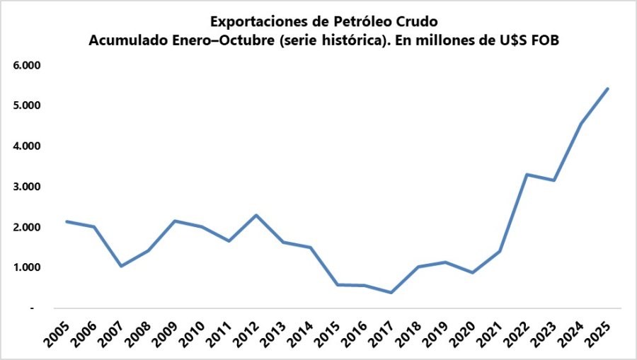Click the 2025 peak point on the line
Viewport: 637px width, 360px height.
click(x=607, y=89)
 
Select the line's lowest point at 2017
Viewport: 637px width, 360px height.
click(x=391, y=293)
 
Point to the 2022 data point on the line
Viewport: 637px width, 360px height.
click(x=526, y=174)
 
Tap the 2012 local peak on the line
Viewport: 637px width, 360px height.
click(x=256, y=215)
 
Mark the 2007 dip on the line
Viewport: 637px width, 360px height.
click(x=121, y=266)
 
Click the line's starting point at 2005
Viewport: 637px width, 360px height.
click(x=67, y=221)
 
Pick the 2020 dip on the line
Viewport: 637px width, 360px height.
click(x=472, y=272)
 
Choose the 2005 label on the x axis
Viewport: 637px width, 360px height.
click(x=56, y=333)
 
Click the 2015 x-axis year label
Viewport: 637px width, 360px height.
click(x=326, y=333)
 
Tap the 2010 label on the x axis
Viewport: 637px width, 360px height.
click(x=191, y=333)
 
